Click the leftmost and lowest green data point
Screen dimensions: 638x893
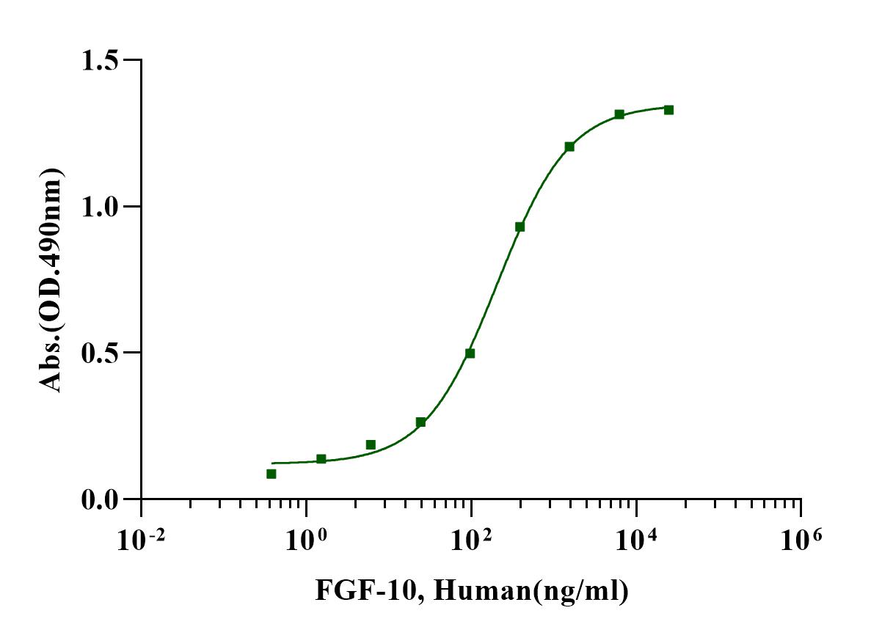coord(271,474)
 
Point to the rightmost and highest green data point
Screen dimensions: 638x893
coord(668,110)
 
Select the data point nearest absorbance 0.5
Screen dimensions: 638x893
coord(470,353)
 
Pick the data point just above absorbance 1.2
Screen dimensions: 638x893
coord(569,147)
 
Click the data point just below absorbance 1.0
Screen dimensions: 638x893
coord(520,227)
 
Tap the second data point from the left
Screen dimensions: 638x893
coord(321,459)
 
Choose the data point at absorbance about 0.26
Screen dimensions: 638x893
coord(420,422)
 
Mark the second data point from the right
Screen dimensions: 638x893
coord(619,114)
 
